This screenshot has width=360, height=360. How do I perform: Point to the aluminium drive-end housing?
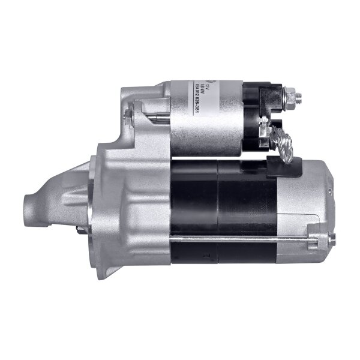[x=120, y=198]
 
